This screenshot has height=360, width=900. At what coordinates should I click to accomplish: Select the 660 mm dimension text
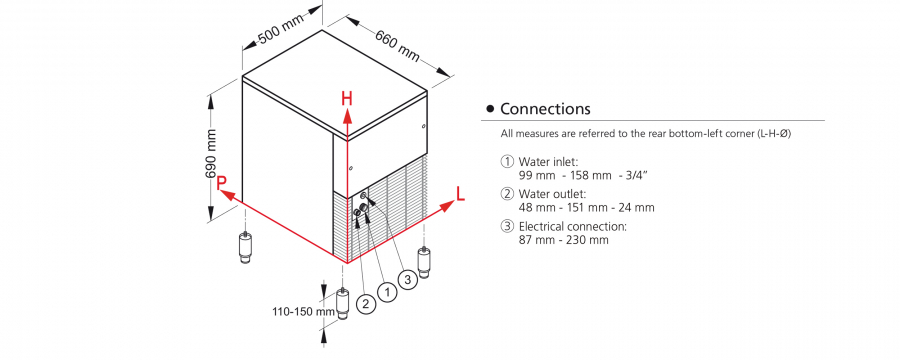pyautogui.click(x=397, y=45)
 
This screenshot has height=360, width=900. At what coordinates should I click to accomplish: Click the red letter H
pyautogui.click(x=347, y=99)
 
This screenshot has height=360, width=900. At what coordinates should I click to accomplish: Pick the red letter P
pyautogui.click(x=222, y=183)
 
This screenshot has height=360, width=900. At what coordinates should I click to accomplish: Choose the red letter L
pyautogui.click(x=460, y=194)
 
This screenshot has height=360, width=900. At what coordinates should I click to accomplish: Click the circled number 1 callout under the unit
pyautogui.click(x=388, y=292)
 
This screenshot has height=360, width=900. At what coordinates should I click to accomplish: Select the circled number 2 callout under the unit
pyautogui.click(x=366, y=303)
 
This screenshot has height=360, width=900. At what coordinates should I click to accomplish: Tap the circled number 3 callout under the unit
pyautogui.click(x=408, y=280)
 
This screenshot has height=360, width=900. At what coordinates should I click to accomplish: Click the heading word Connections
pyautogui.click(x=545, y=109)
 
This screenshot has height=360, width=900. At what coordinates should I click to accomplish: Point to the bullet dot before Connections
pyautogui.click(x=490, y=109)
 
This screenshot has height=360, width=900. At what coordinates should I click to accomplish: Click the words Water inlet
pyautogui.click(x=544, y=162)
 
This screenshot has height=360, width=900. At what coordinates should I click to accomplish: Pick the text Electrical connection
pyautogui.click(x=573, y=226)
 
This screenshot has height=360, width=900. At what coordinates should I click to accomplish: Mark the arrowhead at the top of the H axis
pyautogui.click(x=347, y=117)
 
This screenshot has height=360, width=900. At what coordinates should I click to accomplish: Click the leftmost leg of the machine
pyautogui.click(x=246, y=247)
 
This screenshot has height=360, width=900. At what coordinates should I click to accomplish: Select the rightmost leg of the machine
pyautogui.click(x=425, y=262)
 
